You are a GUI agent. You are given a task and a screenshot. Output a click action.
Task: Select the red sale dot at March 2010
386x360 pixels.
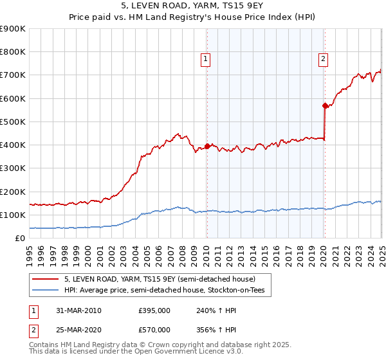point(207,146)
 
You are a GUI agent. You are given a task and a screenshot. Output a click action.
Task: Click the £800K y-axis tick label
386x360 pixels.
point(13,52)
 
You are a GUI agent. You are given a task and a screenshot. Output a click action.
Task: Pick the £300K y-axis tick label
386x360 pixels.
point(13,168)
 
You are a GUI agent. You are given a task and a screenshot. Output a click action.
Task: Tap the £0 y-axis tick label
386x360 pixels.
point(20,239)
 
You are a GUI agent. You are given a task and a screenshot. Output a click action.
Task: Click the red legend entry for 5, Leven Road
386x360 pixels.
point(160,280)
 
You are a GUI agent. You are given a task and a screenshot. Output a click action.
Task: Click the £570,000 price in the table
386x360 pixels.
point(154,330)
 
